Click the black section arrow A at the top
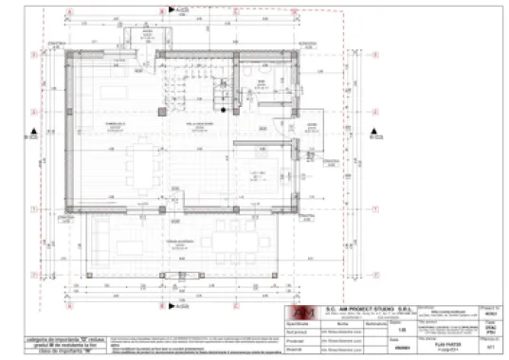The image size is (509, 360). (171, 9)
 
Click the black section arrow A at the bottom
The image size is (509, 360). (171, 306)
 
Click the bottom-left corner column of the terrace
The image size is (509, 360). (89, 276)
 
